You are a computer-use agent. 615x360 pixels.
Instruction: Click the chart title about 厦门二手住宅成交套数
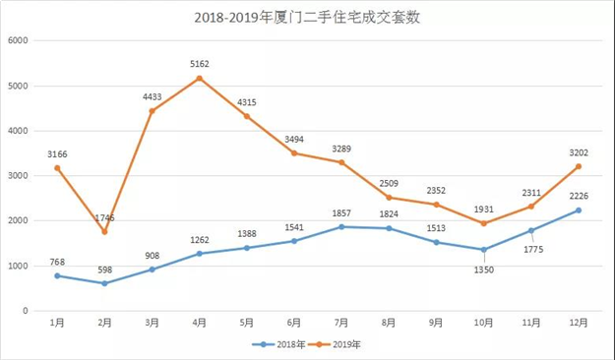308,17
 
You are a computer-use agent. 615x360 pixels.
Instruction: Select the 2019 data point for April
200,78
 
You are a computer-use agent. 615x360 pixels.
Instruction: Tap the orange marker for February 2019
103,231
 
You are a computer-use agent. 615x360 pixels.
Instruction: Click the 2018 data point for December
579,210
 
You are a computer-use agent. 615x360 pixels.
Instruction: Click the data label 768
58,262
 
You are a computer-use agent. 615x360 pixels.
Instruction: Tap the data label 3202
578,152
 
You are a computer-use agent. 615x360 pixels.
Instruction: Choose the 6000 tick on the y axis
20,40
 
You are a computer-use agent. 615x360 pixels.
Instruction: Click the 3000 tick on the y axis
20,175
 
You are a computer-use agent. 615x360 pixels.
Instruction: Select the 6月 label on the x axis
295,324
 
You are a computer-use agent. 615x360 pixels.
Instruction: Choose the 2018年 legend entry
278,345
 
